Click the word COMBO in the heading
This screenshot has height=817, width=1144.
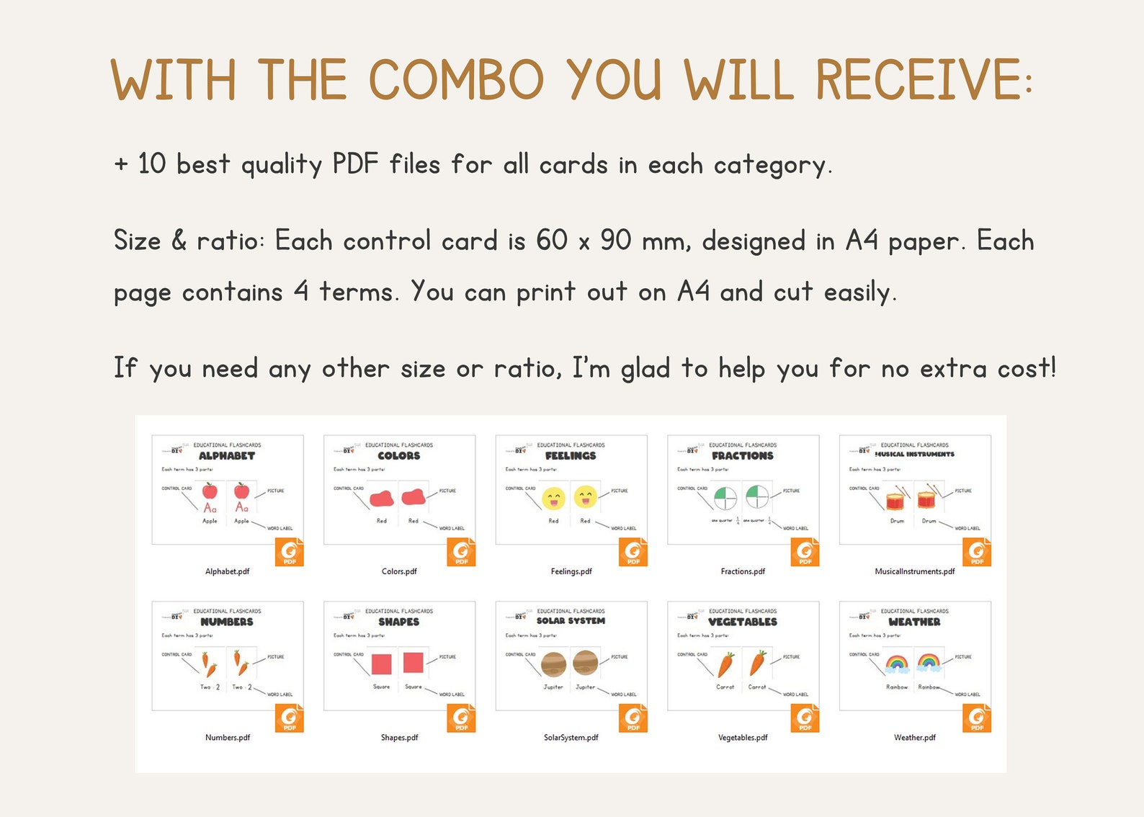(x=456, y=79)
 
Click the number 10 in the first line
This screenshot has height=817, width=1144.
(x=151, y=164)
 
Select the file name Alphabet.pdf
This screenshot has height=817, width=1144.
(x=227, y=571)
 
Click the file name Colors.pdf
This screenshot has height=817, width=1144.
(x=399, y=571)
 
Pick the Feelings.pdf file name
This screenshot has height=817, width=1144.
(x=571, y=571)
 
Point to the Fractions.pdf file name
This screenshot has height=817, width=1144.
(x=743, y=571)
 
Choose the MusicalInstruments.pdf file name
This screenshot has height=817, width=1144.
(x=914, y=571)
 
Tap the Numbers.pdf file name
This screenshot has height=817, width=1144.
(x=228, y=738)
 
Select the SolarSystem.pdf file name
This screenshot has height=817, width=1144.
(x=571, y=738)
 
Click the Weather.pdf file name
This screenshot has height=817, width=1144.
(x=914, y=738)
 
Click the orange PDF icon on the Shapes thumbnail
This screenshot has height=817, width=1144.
(x=461, y=718)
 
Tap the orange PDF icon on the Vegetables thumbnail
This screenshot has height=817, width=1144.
(x=805, y=718)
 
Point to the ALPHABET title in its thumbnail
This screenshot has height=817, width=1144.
(x=227, y=456)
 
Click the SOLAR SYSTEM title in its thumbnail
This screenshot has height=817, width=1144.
(x=571, y=621)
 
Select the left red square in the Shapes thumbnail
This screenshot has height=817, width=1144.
(x=381, y=664)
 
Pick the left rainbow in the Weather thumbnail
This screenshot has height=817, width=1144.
(x=897, y=662)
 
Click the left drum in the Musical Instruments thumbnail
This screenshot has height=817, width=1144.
(x=895, y=499)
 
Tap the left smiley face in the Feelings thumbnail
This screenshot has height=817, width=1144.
(x=553, y=498)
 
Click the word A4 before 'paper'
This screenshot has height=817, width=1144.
(x=861, y=241)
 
